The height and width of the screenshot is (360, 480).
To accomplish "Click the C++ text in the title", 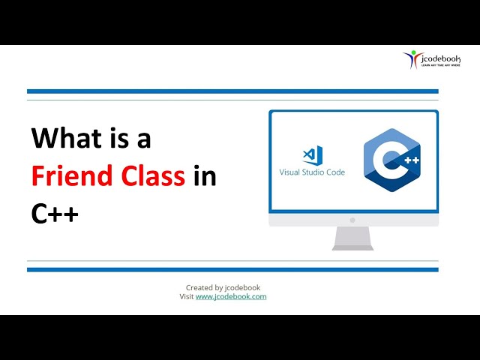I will (x=55, y=214).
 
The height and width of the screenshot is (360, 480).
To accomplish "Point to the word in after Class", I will (x=204, y=176).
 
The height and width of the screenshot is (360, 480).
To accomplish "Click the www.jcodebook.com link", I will (x=231, y=297).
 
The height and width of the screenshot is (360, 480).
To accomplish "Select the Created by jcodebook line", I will (x=223, y=287).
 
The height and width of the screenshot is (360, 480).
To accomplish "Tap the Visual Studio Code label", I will (x=312, y=172).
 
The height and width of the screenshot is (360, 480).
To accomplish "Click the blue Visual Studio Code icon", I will (x=312, y=155).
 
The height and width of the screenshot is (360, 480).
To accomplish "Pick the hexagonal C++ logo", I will (x=391, y=160).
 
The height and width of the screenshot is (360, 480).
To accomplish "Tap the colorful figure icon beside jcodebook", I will (x=410, y=58).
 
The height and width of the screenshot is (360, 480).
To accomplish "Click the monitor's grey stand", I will (x=353, y=238).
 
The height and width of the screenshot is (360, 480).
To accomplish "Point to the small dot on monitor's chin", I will (x=353, y=220).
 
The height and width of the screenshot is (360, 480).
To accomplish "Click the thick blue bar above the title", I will (x=232, y=91).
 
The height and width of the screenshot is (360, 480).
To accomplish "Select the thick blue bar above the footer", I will (x=232, y=269).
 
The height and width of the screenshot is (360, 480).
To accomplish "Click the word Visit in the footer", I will (x=187, y=297).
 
